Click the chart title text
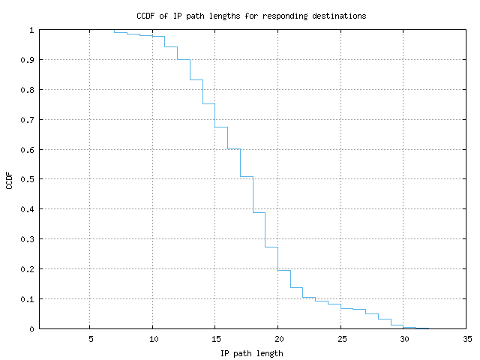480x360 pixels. [251, 16]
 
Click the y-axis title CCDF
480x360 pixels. [10, 180]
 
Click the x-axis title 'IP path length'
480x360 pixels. [251, 353]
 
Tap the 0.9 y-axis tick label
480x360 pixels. [28, 60]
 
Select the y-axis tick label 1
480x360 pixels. [31, 30]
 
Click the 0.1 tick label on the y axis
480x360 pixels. [28, 299]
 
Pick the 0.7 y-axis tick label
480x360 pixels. [28, 120]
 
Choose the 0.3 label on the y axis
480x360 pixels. [28, 239]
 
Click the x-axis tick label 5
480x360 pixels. [90, 339]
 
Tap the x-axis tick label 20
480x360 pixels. [278, 339]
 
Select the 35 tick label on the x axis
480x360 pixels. [466, 339]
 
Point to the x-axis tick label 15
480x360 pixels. [215, 339]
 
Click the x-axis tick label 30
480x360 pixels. [403, 339]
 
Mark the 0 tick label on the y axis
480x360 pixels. [31, 329]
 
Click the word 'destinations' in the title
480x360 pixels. [339, 16]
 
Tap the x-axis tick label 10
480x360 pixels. [152, 339]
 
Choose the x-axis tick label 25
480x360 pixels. [341, 339]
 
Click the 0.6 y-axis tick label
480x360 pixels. [28, 150]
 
